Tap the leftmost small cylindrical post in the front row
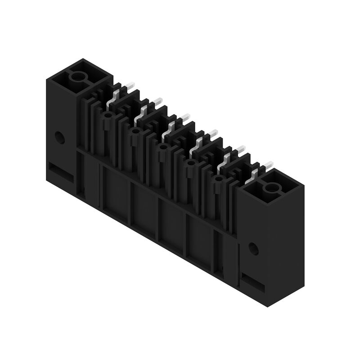tap(107, 116)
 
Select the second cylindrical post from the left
tap(134, 131)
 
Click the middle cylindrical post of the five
tap(162, 148)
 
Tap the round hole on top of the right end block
tap(272, 188)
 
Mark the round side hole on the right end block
tap(253, 248)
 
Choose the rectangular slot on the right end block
tap(254, 282)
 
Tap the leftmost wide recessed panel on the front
tap(116, 193)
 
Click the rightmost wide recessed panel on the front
tap(199, 242)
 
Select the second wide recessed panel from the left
tap(143, 209)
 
